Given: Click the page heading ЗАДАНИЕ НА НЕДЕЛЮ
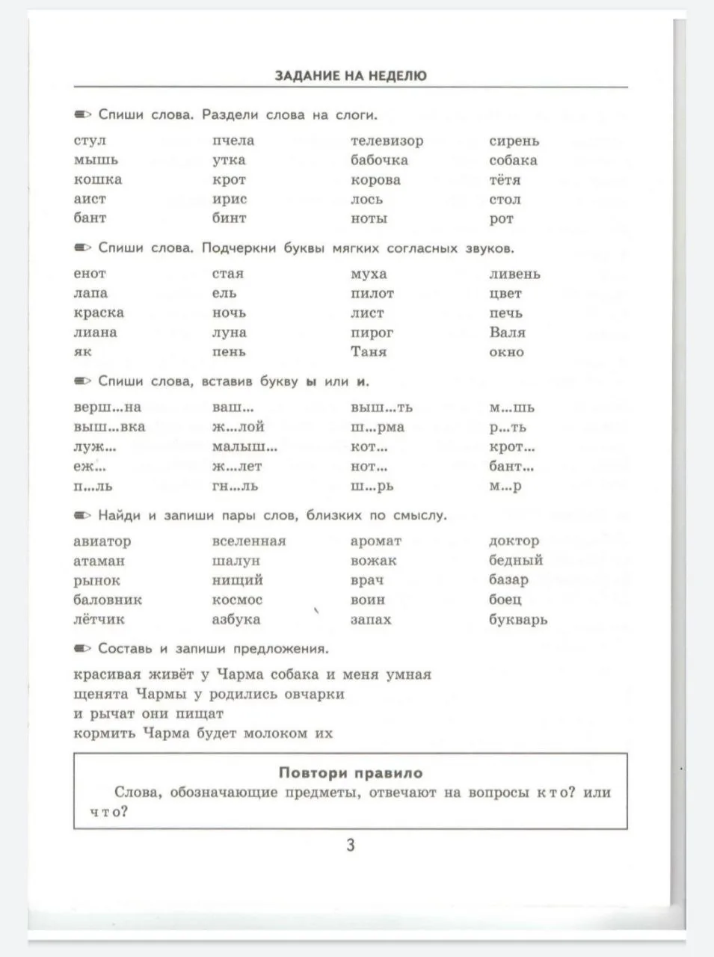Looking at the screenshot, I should click(351, 76).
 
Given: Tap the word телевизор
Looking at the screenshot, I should click(387, 141).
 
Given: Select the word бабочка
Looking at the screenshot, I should click(379, 160).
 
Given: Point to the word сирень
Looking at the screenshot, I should click(514, 141).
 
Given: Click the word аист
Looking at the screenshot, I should click(90, 200).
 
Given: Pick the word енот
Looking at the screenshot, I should click(90, 274).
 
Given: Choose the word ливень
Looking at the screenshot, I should click(514, 274).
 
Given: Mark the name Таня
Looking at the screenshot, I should click(369, 351).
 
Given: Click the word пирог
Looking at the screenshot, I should click(372, 333).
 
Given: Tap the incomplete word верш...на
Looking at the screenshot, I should click(107, 407).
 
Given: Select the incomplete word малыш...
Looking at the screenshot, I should click(244, 447).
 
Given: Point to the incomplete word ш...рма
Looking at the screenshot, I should click(377, 427).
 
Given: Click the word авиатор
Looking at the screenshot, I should click(102, 541).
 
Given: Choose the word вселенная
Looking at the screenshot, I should click(249, 541).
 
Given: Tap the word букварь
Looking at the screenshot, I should click(518, 620).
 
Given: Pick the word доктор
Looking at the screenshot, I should click(514, 541).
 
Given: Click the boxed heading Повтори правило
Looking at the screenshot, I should click(351, 773).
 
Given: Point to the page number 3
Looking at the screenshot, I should click(350, 846).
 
